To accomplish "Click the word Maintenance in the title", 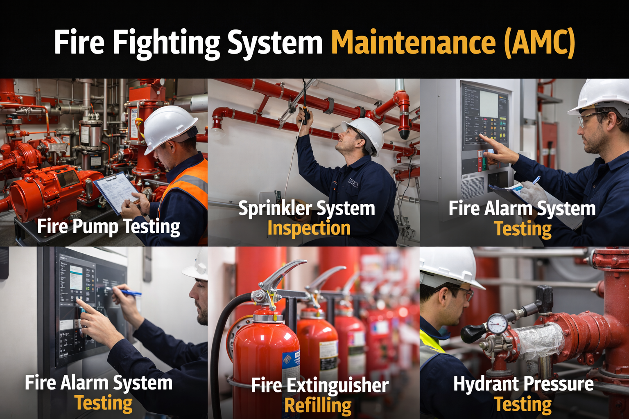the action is click(414, 42).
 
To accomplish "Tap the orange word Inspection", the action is click(309, 229).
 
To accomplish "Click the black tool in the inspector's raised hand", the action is click(305, 115).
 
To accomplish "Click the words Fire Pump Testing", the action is click(109, 227).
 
